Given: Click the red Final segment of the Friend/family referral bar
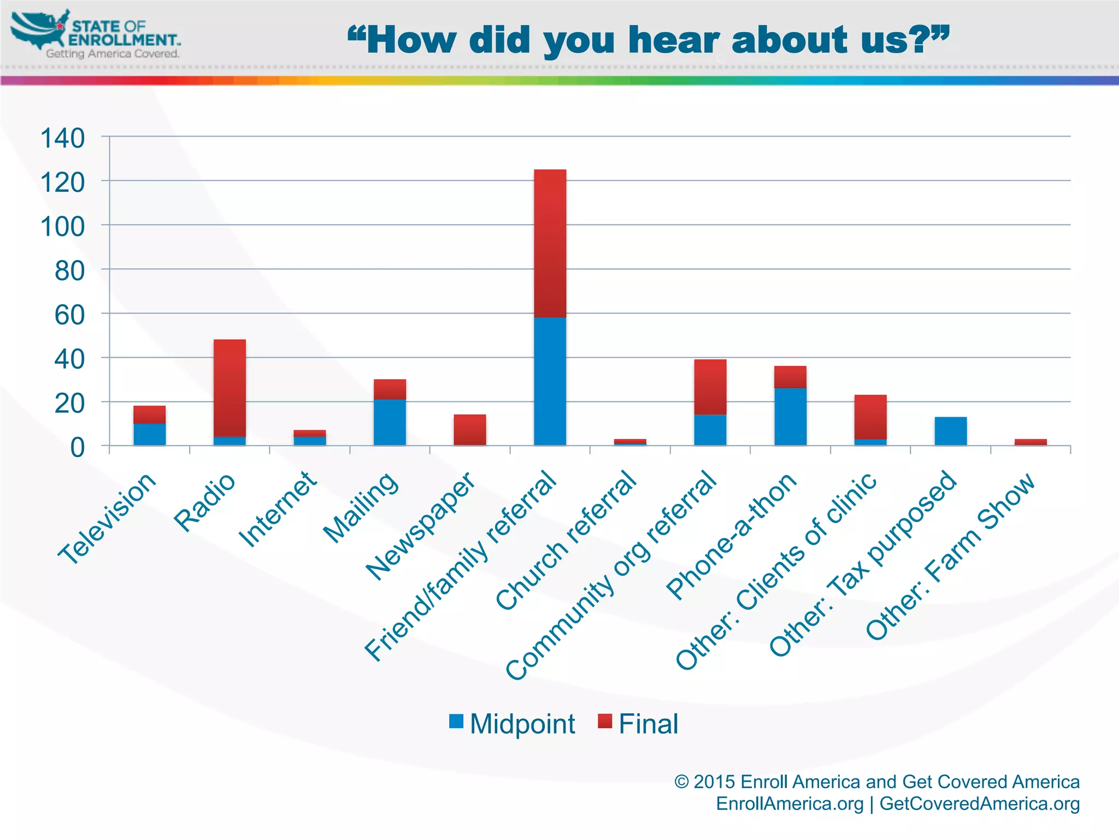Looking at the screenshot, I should point(550,243).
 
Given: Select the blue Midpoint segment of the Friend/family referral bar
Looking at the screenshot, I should point(550,381).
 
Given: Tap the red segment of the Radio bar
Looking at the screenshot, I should point(229,388).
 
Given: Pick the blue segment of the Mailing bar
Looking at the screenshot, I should point(390,422).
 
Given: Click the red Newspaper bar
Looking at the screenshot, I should point(470,430).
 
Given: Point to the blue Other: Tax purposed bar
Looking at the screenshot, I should point(951,431).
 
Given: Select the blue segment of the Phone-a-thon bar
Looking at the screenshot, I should point(790,416).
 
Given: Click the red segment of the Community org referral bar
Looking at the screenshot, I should point(710,387).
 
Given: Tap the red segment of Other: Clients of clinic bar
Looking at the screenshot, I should point(870,416).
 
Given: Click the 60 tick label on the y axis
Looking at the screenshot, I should point(69,315).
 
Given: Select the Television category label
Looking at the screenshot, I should point(107,519).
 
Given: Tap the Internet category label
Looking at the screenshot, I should point(278,509).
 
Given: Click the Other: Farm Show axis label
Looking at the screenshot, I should point(951,557).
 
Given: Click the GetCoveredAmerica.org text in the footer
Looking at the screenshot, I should point(979,804).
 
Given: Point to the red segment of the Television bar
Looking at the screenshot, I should point(149,414).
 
